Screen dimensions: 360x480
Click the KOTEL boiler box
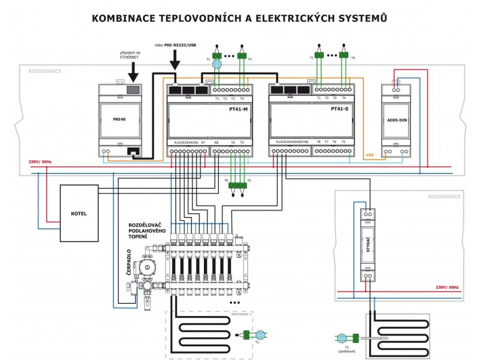tap(79, 213)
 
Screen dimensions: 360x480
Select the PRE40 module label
tap(120, 119)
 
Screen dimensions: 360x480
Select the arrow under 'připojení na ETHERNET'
tap(134, 71)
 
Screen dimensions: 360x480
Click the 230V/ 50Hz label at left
tap(40, 162)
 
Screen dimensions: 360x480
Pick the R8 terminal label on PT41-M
tap(216, 142)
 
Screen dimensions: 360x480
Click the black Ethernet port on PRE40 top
tap(134, 90)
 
